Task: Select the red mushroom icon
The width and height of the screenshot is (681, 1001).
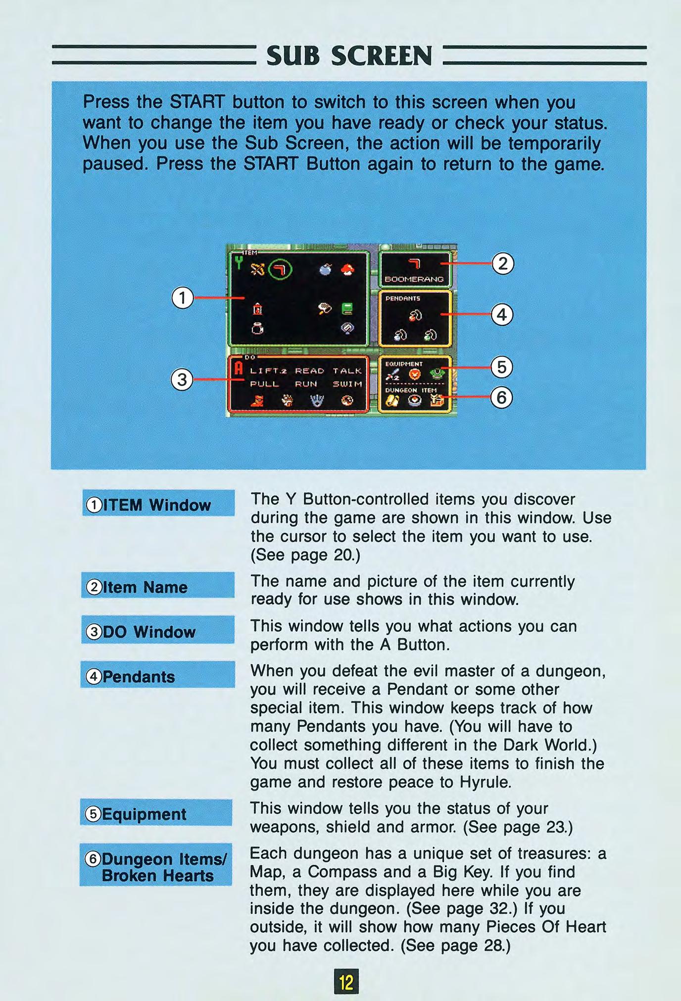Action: (x=348, y=269)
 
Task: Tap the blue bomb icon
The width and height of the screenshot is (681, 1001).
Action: (x=325, y=269)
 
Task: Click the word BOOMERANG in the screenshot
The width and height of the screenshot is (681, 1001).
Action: (x=414, y=279)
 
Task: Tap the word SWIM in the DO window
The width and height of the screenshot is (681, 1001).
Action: (x=347, y=384)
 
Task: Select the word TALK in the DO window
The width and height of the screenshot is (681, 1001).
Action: (x=347, y=371)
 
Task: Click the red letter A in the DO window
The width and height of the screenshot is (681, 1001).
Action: (x=238, y=368)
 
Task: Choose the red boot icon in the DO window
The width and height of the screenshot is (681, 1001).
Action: (x=256, y=400)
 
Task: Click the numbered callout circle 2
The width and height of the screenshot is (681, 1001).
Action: (x=503, y=264)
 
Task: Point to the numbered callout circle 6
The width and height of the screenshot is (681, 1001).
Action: (x=501, y=398)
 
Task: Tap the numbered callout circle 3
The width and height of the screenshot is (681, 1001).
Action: (x=182, y=380)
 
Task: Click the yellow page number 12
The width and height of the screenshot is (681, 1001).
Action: (x=346, y=981)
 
